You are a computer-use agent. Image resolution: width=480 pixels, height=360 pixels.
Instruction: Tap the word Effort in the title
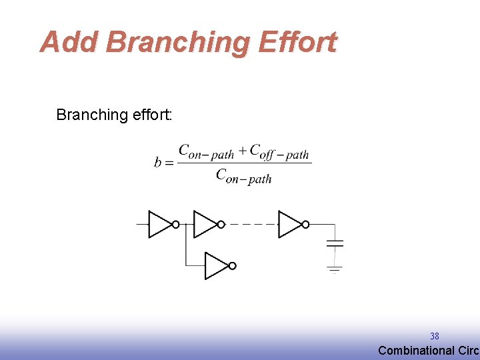[x=297, y=42]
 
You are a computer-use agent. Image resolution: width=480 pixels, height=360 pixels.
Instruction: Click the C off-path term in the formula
[x=279, y=152]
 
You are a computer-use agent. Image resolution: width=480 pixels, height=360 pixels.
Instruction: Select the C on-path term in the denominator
[x=243, y=176]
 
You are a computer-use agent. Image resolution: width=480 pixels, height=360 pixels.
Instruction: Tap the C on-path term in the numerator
[x=206, y=152]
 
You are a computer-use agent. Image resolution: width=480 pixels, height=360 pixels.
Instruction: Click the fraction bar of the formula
[x=244, y=163]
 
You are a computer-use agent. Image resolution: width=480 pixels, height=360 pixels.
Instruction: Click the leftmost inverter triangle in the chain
[x=160, y=225]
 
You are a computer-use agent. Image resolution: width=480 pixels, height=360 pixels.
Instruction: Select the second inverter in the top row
[x=206, y=225]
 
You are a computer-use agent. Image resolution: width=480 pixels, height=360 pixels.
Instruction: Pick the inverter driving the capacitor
[x=291, y=225]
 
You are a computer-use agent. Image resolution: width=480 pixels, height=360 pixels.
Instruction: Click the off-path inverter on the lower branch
[x=217, y=266]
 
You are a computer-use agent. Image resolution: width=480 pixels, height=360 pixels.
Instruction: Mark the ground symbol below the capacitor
[x=335, y=269]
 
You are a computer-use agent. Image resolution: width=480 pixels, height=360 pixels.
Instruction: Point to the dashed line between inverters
[x=252, y=225]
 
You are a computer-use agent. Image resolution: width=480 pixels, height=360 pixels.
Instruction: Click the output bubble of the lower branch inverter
[x=232, y=266]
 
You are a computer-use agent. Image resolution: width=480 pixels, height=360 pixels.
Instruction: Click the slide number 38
[x=434, y=337]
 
